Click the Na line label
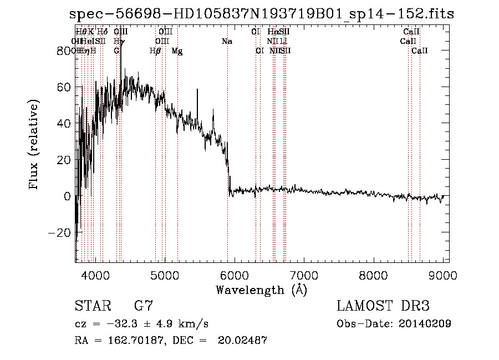tap(227, 42)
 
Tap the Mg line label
tap(177, 51)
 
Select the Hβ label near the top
tap(155, 51)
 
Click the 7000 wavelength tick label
tap(304, 275)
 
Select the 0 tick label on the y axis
tap(67, 196)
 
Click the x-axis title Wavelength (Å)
tap(261, 290)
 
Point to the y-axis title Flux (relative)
tap(34, 145)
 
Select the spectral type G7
tap(143, 306)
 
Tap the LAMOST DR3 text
tap(383, 306)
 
